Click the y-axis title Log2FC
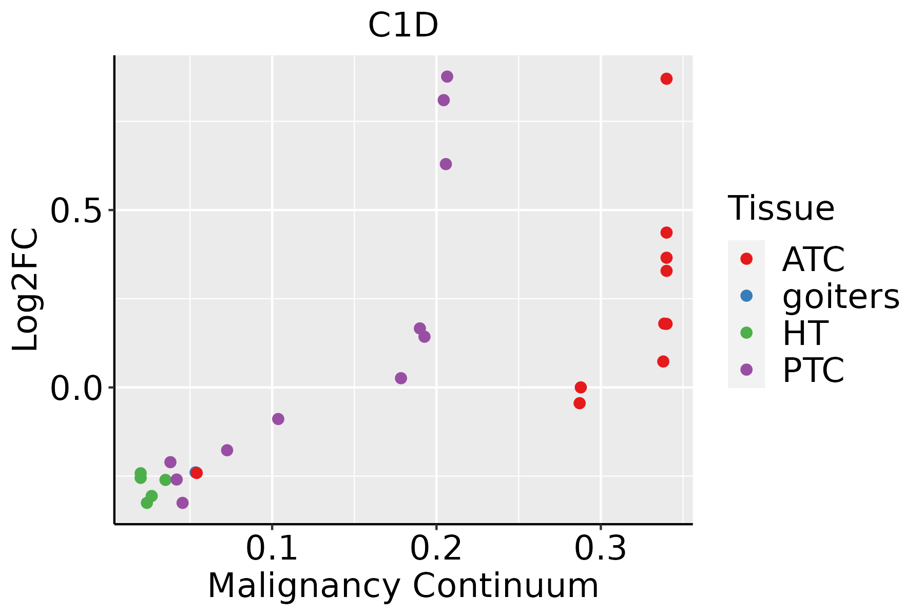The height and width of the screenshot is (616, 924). pyautogui.click(x=26, y=290)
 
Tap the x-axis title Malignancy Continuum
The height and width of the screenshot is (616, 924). pyautogui.click(x=403, y=586)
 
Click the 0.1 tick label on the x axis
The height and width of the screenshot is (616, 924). pyautogui.click(x=272, y=549)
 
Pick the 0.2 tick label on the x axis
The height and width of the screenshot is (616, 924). pyautogui.click(x=436, y=549)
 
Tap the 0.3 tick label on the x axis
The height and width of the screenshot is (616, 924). pyautogui.click(x=601, y=549)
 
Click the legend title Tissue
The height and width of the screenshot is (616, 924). pyautogui.click(x=781, y=208)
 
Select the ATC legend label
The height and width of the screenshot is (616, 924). pyautogui.click(x=813, y=259)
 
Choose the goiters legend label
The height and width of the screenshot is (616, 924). pyautogui.click(x=841, y=296)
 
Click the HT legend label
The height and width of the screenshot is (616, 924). pyautogui.click(x=805, y=333)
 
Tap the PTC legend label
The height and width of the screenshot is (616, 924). pyautogui.click(x=813, y=370)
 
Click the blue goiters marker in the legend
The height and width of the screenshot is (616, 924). pyautogui.click(x=746, y=296)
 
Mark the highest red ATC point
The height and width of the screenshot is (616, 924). pyautogui.click(x=666, y=79)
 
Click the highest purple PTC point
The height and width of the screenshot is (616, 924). pyautogui.click(x=447, y=76)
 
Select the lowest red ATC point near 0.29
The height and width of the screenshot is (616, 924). pyautogui.click(x=580, y=403)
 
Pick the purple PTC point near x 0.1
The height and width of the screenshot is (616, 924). pyautogui.click(x=278, y=419)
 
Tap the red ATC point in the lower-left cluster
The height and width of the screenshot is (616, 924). pyautogui.click(x=197, y=473)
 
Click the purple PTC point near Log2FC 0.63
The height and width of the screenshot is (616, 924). pyautogui.click(x=446, y=164)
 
